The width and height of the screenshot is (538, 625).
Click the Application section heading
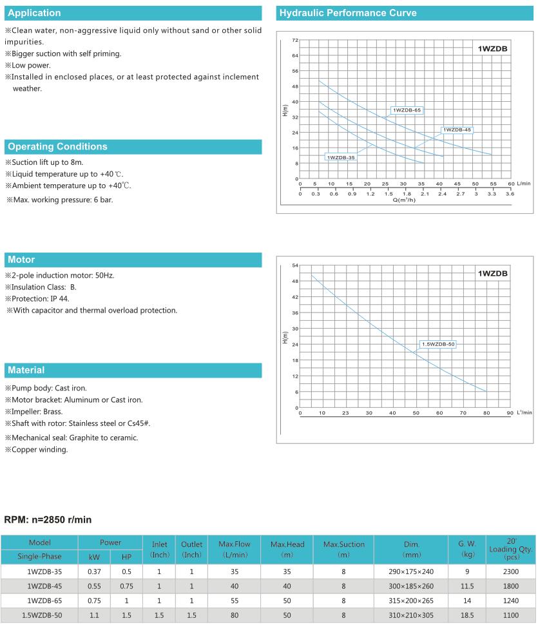point(35,13)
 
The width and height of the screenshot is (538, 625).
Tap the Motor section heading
point(21,260)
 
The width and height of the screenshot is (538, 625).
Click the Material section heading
point(26,370)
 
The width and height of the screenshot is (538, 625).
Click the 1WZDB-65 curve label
point(407,110)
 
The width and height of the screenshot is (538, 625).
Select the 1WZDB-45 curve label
point(457,130)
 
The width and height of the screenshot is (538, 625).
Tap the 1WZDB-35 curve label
point(341,157)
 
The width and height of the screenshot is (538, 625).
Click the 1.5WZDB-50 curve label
point(438,344)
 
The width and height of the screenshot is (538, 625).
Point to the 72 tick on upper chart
point(294,40)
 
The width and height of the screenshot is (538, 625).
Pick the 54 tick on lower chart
point(294,265)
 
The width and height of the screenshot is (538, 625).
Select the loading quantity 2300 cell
point(510,570)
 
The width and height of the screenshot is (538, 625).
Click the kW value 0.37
point(93,570)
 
